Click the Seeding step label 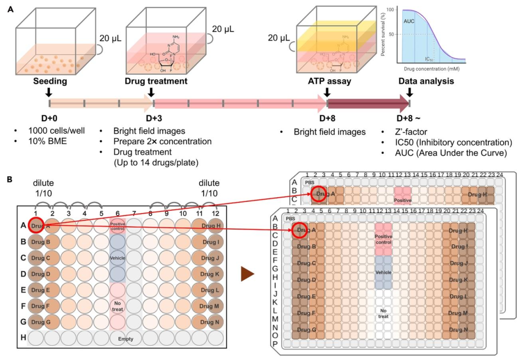tap(50, 82)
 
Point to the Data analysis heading tap(425, 82)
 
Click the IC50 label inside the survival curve tap(429, 59)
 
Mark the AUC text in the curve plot tap(409, 22)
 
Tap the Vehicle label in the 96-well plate tap(117, 259)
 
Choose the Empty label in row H tap(126, 339)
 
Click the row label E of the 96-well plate tap(23, 289)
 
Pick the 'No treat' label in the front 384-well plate tap(384, 313)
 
